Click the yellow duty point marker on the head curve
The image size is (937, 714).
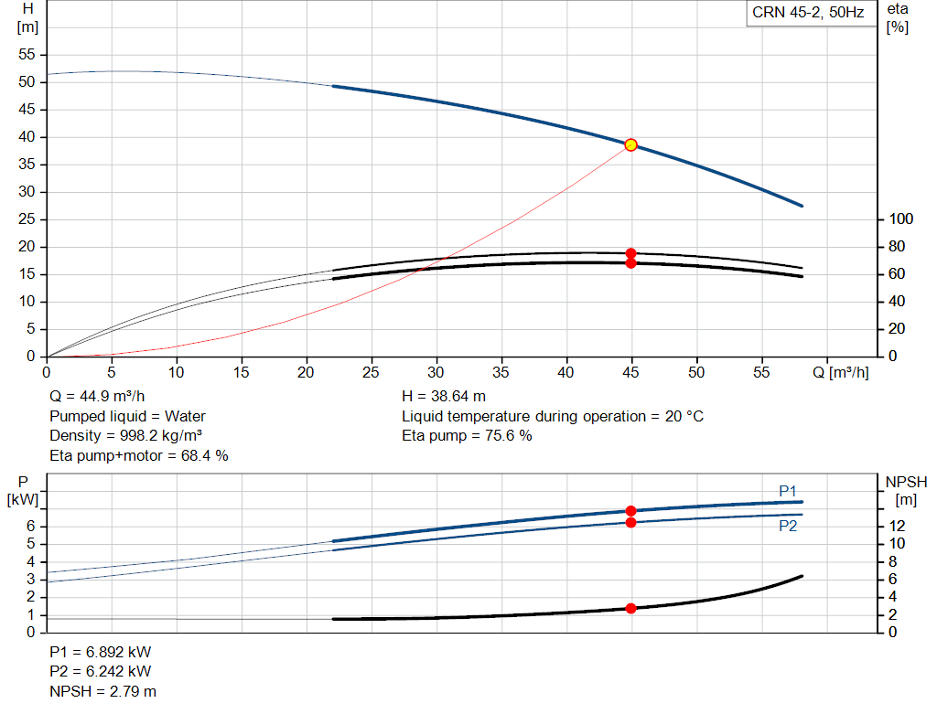(630, 145)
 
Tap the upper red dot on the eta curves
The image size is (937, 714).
(630, 253)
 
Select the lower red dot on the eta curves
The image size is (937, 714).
(630, 263)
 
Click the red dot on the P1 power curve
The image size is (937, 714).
(630, 511)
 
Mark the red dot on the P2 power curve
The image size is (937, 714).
(630, 523)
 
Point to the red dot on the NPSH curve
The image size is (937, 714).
(630, 608)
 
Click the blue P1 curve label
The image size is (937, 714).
(788, 491)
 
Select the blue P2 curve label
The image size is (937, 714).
(788, 526)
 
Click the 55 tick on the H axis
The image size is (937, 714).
(27, 54)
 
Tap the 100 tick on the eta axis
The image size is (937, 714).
(901, 219)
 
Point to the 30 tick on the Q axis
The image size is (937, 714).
(436, 372)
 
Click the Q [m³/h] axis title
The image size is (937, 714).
(840, 372)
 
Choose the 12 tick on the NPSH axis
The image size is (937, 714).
(897, 526)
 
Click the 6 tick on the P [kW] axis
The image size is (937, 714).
(30, 526)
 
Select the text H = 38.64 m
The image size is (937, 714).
(444, 397)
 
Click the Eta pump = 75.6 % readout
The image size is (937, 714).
(467, 436)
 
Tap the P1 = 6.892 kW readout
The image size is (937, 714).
(101, 652)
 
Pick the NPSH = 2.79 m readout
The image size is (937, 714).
(102, 691)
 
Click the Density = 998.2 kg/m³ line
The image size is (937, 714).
(125, 436)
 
